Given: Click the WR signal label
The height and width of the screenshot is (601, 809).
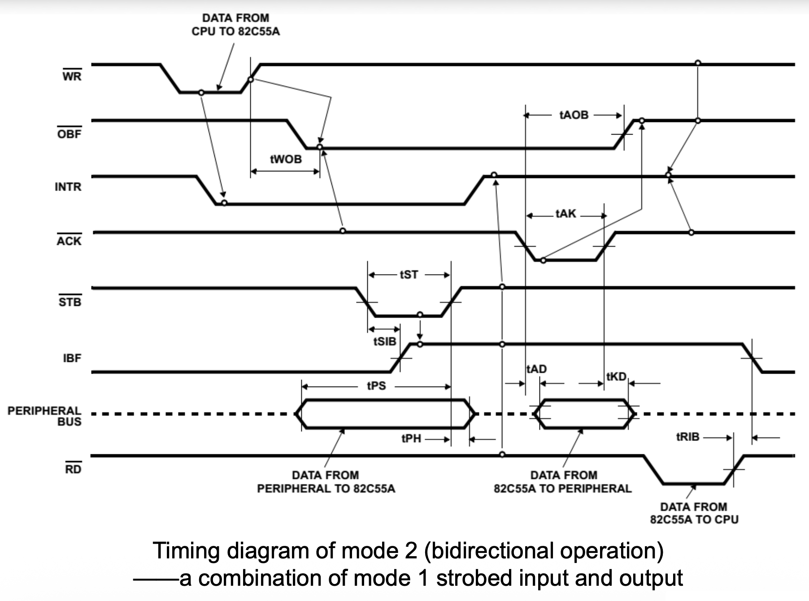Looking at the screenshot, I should [x=72, y=76].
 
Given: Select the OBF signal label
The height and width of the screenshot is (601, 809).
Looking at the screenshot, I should [x=70, y=134].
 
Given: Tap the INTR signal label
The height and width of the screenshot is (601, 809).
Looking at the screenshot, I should [x=68, y=187].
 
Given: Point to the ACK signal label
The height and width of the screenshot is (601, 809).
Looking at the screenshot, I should [x=69, y=241].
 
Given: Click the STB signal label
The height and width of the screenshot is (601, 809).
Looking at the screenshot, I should [x=70, y=302].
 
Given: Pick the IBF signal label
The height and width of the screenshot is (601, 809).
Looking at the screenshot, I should [x=72, y=358].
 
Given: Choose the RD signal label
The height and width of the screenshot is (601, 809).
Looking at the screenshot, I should [x=73, y=469].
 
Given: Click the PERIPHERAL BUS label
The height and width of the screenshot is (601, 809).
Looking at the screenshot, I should [x=44, y=416].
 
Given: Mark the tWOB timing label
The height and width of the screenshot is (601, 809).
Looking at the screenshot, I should [x=286, y=159].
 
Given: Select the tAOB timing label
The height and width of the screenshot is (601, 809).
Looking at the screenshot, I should [x=574, y=115].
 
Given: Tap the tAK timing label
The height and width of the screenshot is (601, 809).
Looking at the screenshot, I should [x=565, y=214].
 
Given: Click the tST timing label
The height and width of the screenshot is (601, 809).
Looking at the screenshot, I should [x=409, y=274].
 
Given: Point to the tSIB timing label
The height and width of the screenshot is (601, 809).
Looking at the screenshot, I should [x=385, y=342].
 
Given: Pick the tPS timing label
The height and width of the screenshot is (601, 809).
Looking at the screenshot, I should [x=376, y=386].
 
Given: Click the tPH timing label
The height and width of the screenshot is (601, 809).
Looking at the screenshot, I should [x=411, y=439].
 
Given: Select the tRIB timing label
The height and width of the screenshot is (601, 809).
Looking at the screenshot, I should [x=687, y=436].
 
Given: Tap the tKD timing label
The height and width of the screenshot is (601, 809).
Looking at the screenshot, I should [x=616, y=377].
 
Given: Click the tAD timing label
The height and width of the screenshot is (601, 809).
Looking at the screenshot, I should [x=537, y=369].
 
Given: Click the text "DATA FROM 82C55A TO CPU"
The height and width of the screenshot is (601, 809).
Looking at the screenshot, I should [x=694, y=513].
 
